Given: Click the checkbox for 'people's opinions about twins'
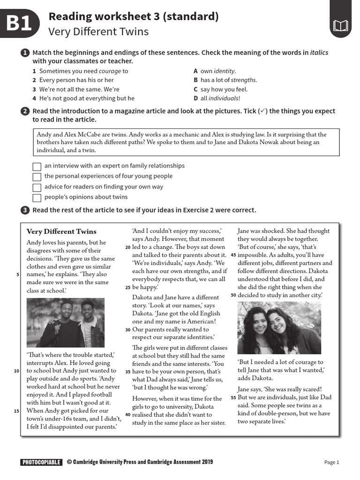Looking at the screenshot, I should coord(37,197).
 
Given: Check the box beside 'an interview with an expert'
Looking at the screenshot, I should coord(37,166).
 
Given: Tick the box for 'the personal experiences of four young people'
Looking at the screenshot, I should coord(37,177).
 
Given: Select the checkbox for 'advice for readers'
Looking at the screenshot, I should coord(37,187).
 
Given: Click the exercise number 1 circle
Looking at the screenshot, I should coord(25,53).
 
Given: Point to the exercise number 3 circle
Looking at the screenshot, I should coord(25,210).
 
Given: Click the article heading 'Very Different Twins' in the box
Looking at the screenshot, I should coord(61,231).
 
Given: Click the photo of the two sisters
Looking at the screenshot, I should coord(279,328).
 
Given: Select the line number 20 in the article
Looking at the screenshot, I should coord(128,247).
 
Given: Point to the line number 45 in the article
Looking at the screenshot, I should coord(233,255).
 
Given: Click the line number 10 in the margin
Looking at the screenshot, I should coord(16,371).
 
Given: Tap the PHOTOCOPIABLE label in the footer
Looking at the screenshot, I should coord(41,462).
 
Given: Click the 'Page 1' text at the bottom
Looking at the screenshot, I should coord(331,462).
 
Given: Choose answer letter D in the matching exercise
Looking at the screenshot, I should coord(195,98).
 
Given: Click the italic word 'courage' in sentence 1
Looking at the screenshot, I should coord(109,71).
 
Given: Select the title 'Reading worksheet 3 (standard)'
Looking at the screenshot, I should coord(134,17).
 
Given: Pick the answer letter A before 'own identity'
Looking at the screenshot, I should coord(195,71).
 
